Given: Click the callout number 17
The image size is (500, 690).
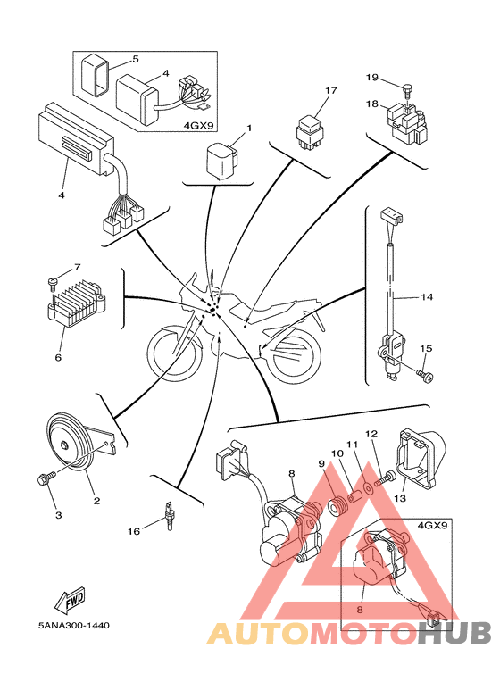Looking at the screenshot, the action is tap(330, 90).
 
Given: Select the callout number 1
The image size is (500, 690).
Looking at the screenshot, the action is tap(249, 128).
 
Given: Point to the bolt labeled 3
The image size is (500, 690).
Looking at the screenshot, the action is tap(46, 478).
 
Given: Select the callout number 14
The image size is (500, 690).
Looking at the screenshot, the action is tap(427, 297).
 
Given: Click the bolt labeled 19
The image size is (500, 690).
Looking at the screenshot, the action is tap(406, 90).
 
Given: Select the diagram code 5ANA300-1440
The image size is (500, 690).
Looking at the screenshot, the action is tap(74, 625).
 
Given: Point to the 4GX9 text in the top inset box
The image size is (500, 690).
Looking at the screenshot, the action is tap(198, 126).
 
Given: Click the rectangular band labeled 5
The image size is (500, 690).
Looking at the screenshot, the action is tap(95, 75).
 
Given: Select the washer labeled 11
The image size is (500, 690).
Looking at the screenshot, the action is tap(367, 487).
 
